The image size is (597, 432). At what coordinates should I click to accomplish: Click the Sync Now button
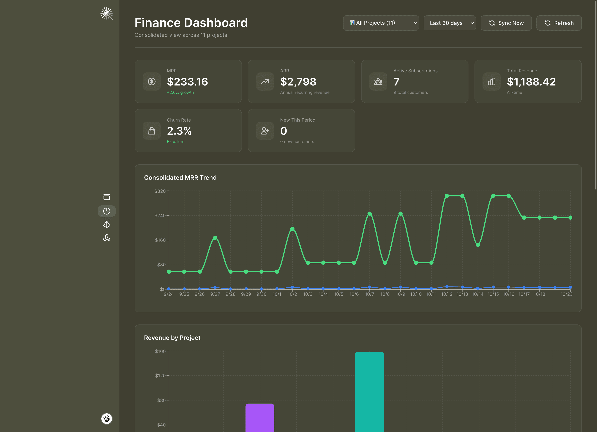(x=506, y=23)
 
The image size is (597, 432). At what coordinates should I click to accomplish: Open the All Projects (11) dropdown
(x=381, y=23)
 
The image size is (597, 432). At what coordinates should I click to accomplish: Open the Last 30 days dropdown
(x=450, y=23)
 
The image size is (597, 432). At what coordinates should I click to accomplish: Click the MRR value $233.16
(x=187, y=82)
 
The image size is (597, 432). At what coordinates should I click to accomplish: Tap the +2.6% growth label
(x=180, y=93)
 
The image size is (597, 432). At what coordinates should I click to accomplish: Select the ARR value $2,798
(x=298, y=82)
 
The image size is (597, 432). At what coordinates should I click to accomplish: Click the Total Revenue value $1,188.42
(x=531, y=82)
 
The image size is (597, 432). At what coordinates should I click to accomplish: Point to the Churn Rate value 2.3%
(x=179, y=131)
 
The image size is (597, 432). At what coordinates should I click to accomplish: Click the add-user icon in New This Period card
(x=265, y=131)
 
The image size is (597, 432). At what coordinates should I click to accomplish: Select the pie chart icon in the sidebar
(x=107, y=211)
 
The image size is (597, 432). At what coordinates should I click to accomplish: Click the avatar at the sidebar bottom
(x=107, y=419)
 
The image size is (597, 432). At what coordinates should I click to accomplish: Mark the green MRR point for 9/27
(x=215, y=238)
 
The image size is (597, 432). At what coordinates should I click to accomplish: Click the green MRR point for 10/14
(x=478, y=245)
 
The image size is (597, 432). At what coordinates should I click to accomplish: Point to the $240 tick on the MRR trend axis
(x=160, y=215)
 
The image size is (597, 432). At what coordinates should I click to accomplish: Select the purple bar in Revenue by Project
(x=260, y=418)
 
